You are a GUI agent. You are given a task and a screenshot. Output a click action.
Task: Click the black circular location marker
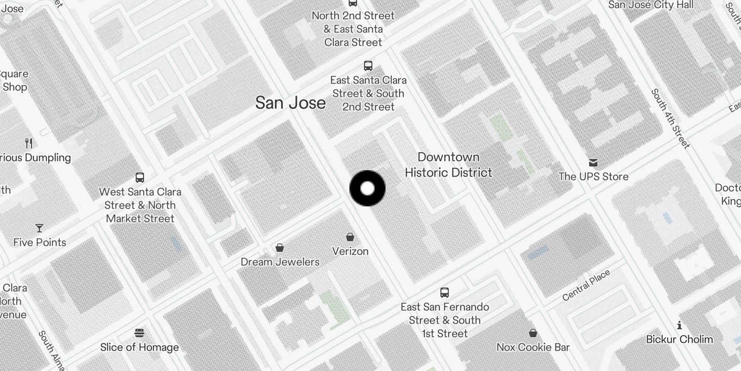[367, 188]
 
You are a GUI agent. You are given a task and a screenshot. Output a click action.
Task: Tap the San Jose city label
[290, 102]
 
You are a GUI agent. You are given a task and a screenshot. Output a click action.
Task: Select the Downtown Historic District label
[448, 165]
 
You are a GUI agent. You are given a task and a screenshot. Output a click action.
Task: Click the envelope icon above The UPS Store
[593, 163]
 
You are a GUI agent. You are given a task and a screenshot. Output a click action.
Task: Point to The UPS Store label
[593, 176]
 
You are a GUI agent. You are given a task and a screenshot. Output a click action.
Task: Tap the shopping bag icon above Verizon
[350, 237]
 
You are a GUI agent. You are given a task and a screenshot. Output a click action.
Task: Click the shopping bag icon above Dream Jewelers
[280, 248]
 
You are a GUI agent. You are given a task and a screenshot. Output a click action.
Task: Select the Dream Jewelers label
[280, 262]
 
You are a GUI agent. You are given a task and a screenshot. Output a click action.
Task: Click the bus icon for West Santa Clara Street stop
[140, 177]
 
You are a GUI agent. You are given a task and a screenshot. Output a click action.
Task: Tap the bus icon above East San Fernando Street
[445, 293]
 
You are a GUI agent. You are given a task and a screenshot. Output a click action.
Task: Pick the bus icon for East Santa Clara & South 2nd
[368, 66]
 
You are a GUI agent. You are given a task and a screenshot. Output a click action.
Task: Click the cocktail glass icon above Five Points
[39, 228]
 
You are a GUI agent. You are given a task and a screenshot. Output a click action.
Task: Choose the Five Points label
[39, 242]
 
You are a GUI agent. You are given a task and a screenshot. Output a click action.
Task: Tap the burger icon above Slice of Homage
[139, 333]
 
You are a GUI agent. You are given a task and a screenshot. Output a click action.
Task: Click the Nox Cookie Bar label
[533, 347]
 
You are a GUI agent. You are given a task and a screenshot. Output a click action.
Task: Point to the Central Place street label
[586, 286]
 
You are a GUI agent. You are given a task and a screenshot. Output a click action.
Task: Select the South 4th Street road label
[670, 119]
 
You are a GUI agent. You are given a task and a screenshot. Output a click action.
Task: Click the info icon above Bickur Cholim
[679, 325]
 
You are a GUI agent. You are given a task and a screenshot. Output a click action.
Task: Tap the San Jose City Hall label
[651, 5]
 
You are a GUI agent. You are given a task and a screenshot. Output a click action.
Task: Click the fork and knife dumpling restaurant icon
[29, 143]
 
